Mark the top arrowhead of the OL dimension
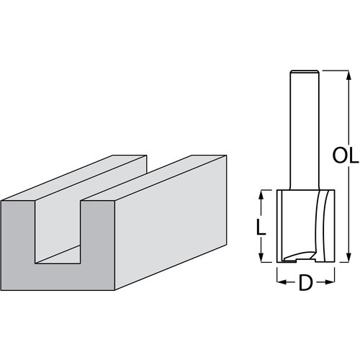coord(348,73)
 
